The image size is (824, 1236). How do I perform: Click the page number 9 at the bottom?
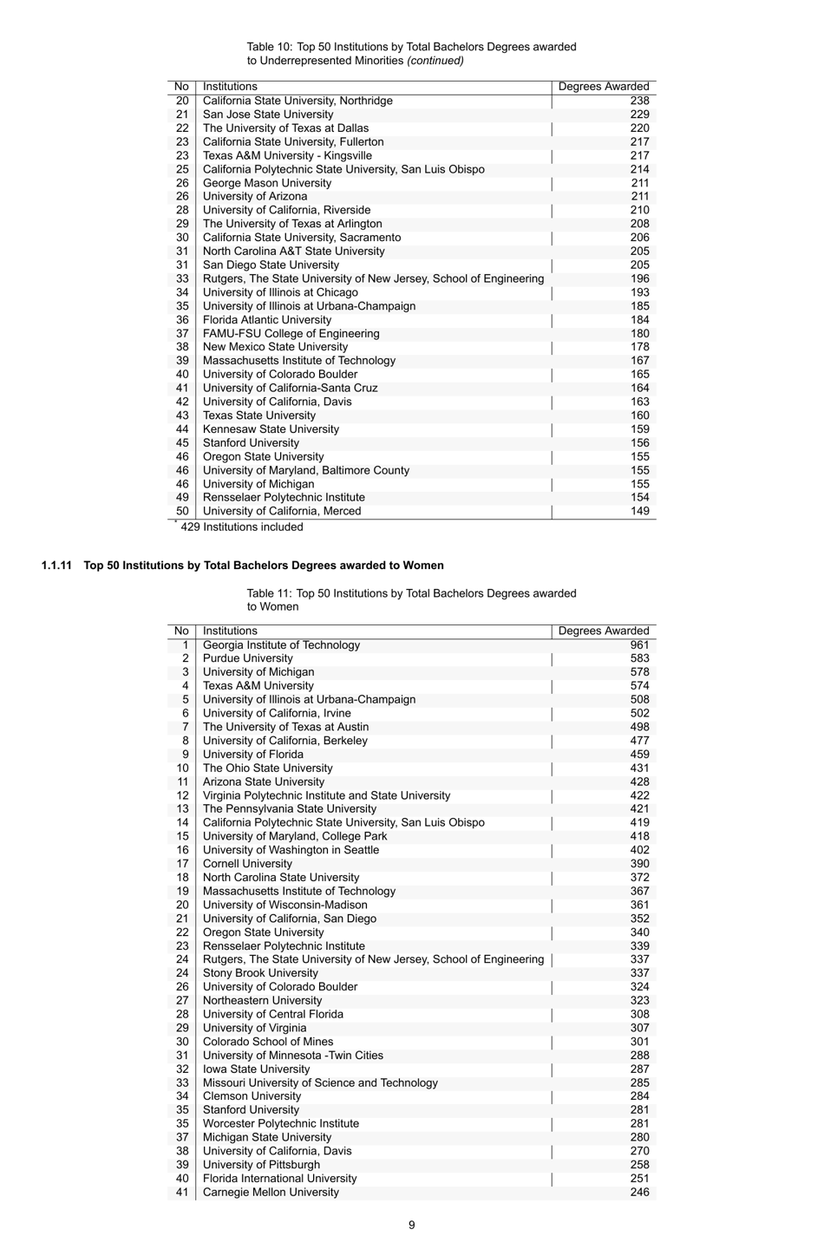pyautogui.click(x=411, y=1225)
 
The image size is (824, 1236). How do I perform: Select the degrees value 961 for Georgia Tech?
pyautogui.click(x=639, y=645)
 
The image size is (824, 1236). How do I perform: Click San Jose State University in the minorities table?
pyautogui.click(x=267, y=114)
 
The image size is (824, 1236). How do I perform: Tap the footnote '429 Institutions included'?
pyautogui.click(x=241, y=527)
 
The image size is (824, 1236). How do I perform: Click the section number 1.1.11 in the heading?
pyautogui.click(x=56, y=566)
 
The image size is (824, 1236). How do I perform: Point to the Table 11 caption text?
pyautogui.click(x=411, y=600)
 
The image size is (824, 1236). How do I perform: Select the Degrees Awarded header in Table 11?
pyautogui.click(x=603, y=631)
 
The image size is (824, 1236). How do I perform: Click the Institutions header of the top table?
pyautogui.click(x=230, y=87)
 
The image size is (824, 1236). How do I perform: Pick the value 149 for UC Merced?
pyautogui.click(x=639, y=511)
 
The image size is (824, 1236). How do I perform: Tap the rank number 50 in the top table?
pyautogui.click(x=182, y=511)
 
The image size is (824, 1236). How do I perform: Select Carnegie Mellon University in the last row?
pyautogui.click(x=271, y=1192)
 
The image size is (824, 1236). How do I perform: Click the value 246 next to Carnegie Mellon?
pyautogui.click(x=639, y=1192)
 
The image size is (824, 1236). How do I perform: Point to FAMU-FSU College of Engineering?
pyautogui.click(x=291, y=334)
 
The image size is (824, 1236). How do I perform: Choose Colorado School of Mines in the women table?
pyautogui.click(x=267, y=1042)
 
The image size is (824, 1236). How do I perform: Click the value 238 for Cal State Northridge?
pyautogui.click(x=639, y=101)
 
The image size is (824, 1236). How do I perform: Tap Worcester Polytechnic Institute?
pyautogui.click(x=280, y=1123)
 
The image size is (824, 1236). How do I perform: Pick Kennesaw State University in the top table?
pyautogui.click(x=271, y=429)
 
